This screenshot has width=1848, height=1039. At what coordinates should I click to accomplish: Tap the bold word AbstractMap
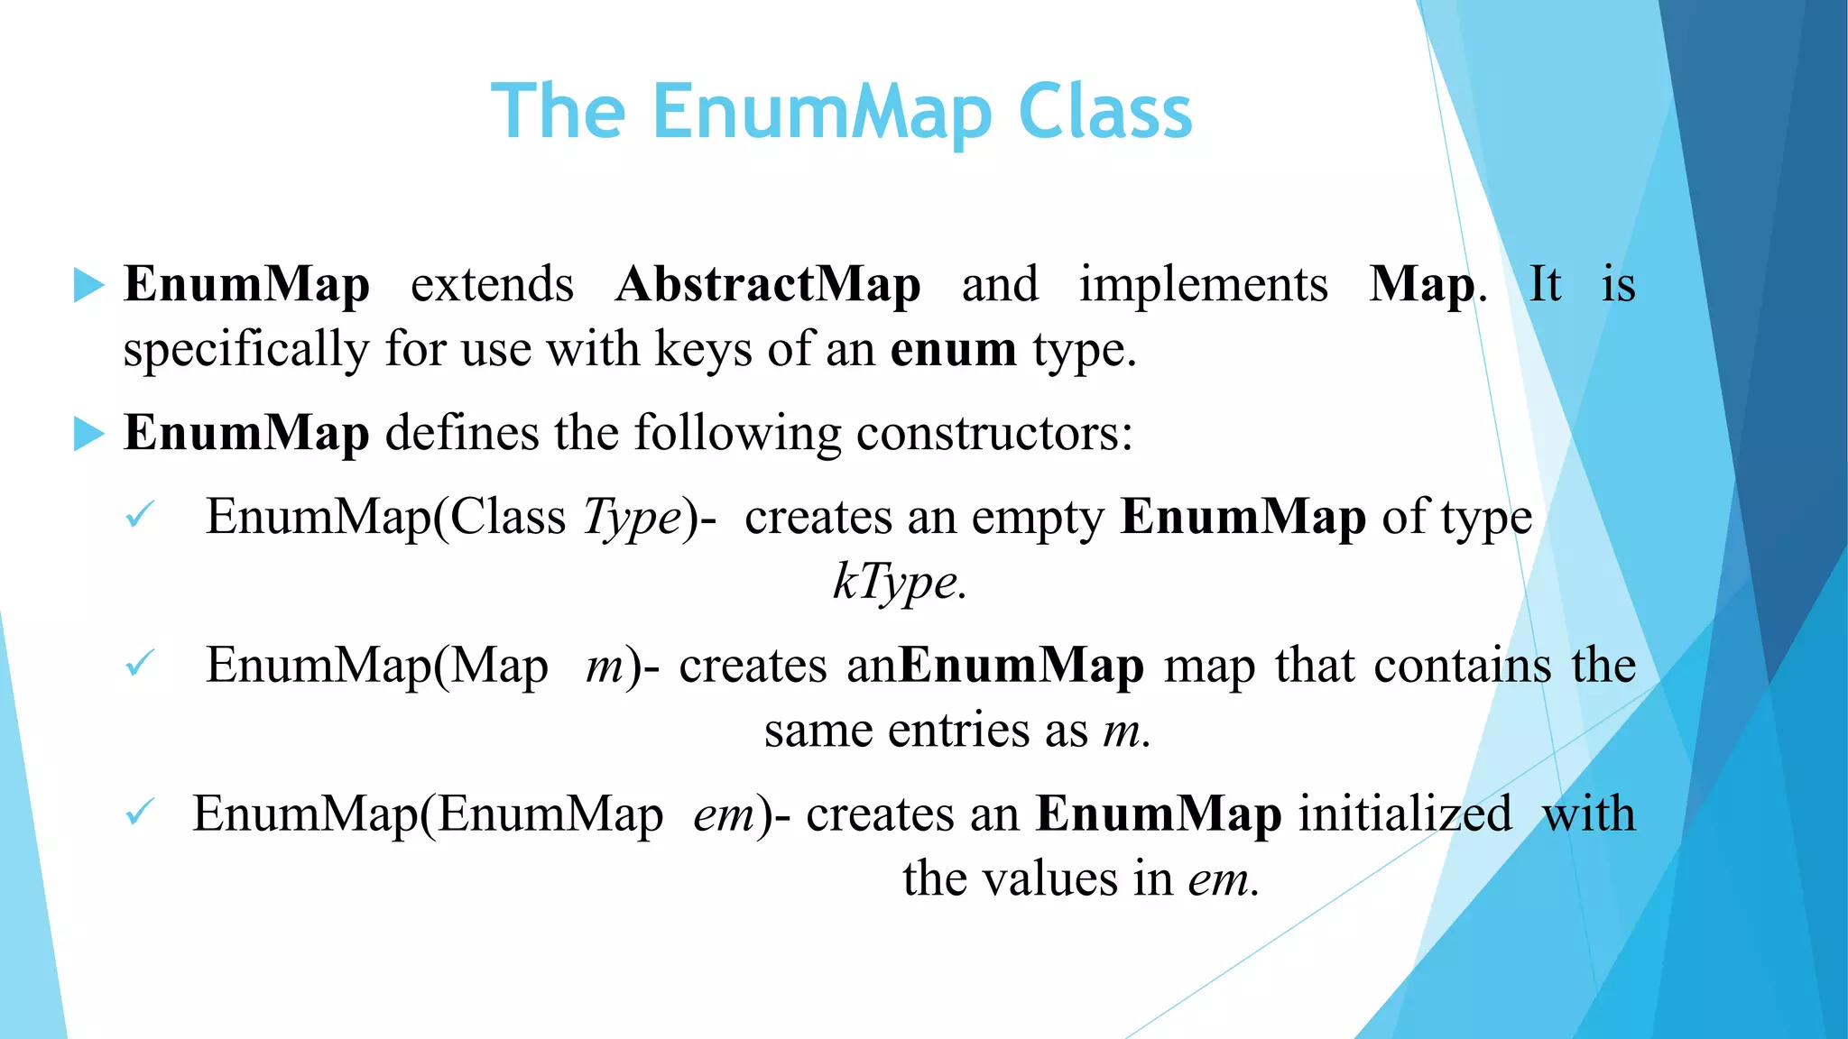[x=768, y=284]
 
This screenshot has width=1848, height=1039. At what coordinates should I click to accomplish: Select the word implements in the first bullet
[x=1203, y=284]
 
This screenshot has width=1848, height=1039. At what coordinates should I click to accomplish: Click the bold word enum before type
[x=953, y=349]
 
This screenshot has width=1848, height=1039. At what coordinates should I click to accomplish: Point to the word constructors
[x=993, y=433]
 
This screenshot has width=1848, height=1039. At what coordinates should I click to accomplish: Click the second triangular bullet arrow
[x=88, y=434]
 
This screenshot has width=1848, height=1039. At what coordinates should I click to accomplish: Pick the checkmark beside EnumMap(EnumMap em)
[x=140, y=813]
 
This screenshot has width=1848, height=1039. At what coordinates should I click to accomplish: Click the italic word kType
[x=899, y=582]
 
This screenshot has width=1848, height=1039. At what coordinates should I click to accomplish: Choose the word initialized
[x=1405, y=814]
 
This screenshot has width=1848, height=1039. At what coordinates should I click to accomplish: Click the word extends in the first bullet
[x=492, y=284]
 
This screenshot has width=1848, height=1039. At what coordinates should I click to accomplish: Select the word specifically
[x=246, y=350]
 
